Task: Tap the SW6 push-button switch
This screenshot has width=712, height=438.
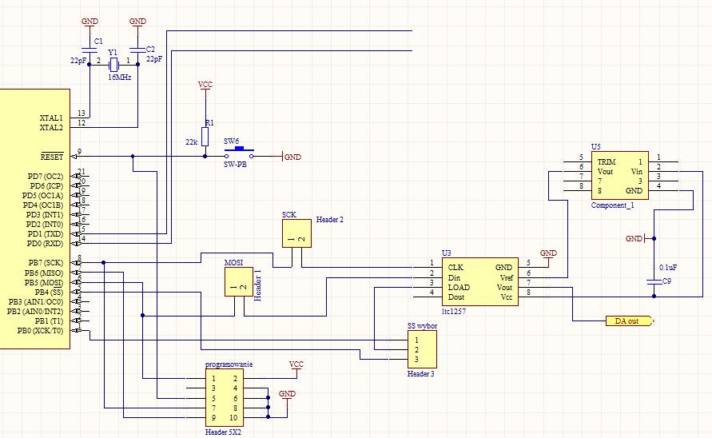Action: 238,152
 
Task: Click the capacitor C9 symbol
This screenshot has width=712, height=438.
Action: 654,281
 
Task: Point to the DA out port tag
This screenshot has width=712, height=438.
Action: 626,321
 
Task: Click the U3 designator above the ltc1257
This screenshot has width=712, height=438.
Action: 446,252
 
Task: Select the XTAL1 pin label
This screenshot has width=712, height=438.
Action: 51,117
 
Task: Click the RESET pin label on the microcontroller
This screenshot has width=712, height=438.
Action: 51,156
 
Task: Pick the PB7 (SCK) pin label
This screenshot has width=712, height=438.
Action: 46,263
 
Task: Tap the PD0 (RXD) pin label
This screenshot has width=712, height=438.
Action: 45,243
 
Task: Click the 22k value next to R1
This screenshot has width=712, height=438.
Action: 191,141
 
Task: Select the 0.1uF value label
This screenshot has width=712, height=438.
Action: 669,267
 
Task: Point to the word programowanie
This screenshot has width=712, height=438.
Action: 229,364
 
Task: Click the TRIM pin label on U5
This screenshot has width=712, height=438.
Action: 607,161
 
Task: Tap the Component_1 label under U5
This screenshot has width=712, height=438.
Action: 612,205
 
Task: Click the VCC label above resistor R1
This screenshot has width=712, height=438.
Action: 205,84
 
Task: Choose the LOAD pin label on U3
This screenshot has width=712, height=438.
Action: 459,286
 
